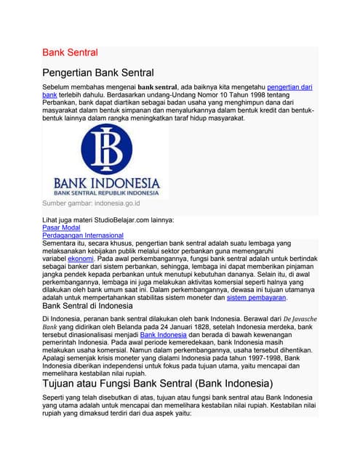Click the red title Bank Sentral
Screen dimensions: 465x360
70,52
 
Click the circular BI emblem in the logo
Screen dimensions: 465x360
107,148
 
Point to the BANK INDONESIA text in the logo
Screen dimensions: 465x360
106,182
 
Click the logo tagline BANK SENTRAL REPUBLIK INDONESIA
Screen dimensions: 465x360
106,193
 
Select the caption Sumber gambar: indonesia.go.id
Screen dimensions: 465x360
91,204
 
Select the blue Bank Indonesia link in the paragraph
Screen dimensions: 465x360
163,335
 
